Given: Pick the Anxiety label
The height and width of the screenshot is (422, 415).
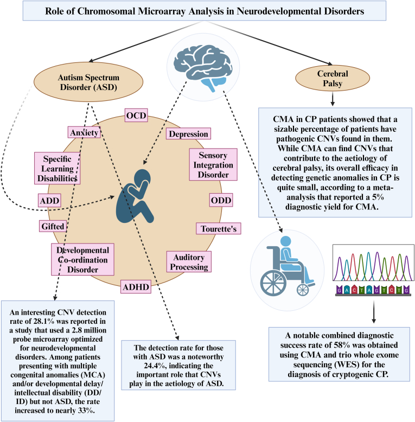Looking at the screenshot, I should click(84, 132).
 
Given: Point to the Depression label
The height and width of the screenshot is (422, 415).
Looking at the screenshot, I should click(188, 134).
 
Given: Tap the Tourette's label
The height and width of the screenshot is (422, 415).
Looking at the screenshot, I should click(218, 228).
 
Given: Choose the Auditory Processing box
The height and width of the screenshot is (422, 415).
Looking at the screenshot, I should click(188, 261).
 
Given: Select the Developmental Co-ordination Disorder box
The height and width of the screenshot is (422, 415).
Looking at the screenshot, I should click(83, 258).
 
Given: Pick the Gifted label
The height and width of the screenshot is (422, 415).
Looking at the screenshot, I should click(53, 225).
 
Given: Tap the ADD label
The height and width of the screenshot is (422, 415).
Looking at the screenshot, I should click(49, 201).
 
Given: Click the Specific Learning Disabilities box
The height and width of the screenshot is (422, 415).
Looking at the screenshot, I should click(58, 167).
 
